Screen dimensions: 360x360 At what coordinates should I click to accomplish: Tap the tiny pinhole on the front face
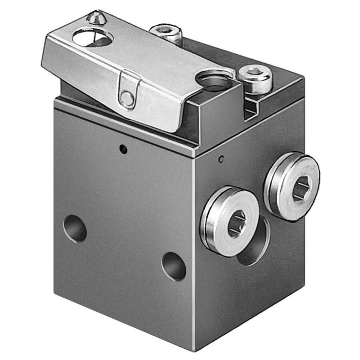click(122, 150)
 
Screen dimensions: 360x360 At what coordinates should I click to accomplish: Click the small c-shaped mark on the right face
click(221, 159)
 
